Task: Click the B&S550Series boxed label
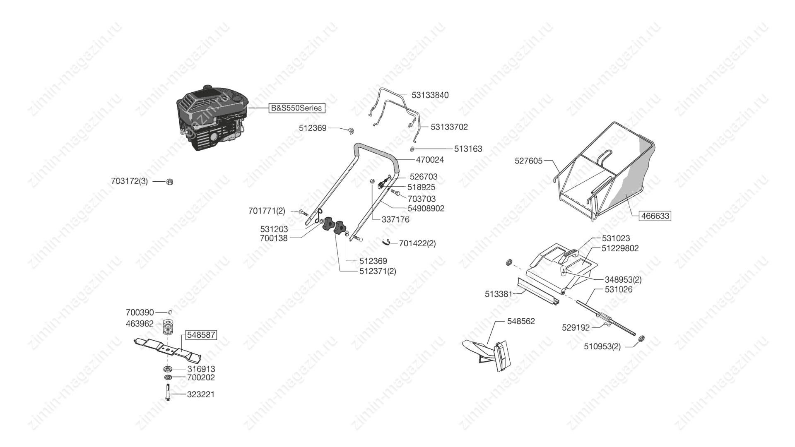296,108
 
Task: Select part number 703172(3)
129,181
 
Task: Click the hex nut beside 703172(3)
169,181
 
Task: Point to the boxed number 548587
201,335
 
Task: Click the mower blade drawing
168,349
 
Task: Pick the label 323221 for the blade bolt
201,394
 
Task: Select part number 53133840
430,95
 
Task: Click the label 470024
429,160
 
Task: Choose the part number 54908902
420,209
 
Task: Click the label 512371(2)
378,272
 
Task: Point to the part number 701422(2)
417,243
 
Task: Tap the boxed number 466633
655,216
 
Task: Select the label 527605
528,161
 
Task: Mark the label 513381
499,294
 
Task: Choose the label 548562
521,321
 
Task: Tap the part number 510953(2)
602,347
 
